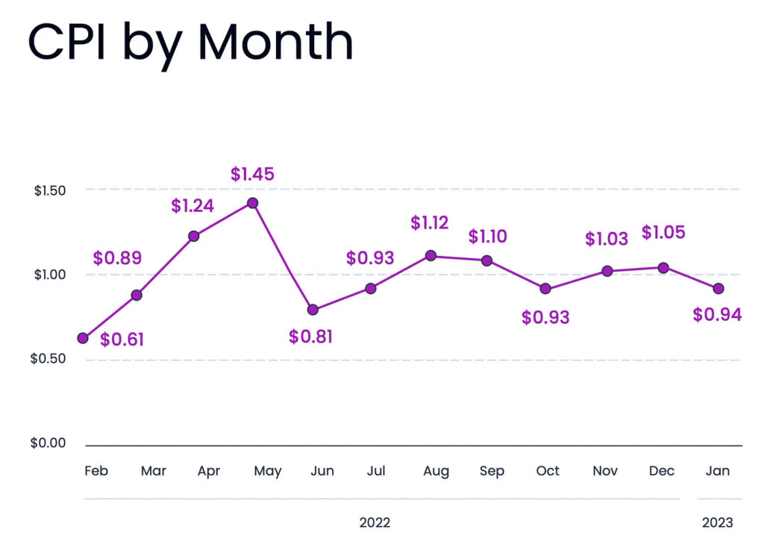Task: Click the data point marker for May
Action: point(252,203)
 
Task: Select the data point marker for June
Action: point(313,309)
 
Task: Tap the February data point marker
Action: point(83,338)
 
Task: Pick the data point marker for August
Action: point(430,256)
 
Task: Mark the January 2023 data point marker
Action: point(718,288)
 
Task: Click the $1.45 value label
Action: point(252,175)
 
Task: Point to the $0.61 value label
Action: point(122,340)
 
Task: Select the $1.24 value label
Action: point(192,206)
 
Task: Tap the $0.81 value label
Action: point(310,337)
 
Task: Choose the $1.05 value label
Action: point(663,233)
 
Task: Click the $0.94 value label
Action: point(717,315)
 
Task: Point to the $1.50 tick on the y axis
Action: point(50,190)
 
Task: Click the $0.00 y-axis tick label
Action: point(48,443)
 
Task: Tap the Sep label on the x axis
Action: point(492,471)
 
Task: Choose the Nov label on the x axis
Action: point(605,471)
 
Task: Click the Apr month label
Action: point(208,471)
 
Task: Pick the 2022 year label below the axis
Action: point(375,522)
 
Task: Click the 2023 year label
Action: point(717,522)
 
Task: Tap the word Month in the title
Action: point(275,43)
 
